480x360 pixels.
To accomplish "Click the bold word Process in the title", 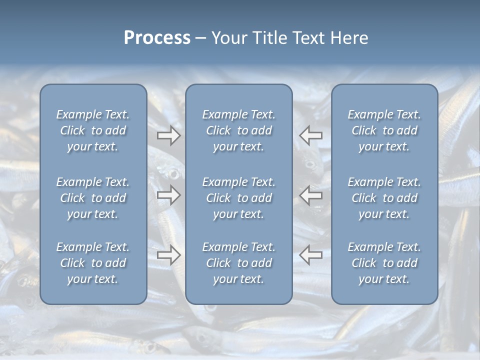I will coord(157,38).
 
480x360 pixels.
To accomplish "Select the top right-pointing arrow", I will coord(168,135).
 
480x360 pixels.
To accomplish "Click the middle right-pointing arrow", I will coord(168,195).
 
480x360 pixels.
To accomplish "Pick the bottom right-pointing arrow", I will coord(168,255).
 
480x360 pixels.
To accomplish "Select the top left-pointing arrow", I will coord(311,135).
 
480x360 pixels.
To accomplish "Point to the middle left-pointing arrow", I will coord(311,195).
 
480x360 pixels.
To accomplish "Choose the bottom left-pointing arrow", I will coord(311,255).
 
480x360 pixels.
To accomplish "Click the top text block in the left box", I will coord(93,130).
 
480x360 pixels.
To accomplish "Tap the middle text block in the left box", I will coord(93,198).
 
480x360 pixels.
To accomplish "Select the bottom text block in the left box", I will coord(93,263).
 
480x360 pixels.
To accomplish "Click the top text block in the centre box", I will coord(238,130).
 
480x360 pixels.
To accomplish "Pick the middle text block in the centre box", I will coord(238,198).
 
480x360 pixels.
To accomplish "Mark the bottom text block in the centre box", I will coord(238,263).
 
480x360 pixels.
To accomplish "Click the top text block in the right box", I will coord(384,130).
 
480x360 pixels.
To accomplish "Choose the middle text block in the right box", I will coord(384,198).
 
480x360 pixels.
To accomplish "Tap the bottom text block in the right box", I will coord(384,263).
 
